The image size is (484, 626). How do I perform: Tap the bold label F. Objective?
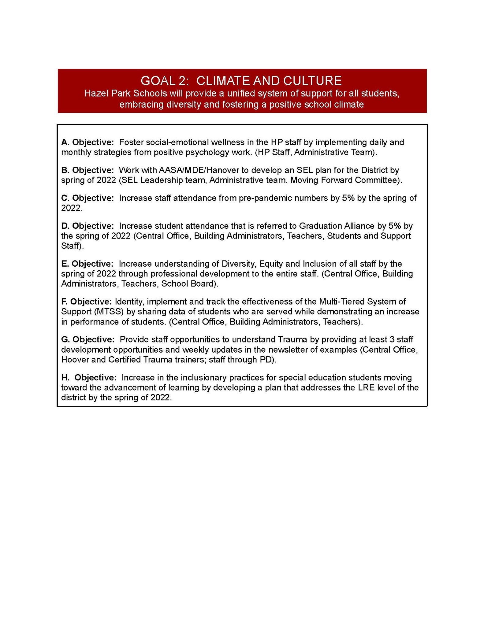[x=87, y=302]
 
